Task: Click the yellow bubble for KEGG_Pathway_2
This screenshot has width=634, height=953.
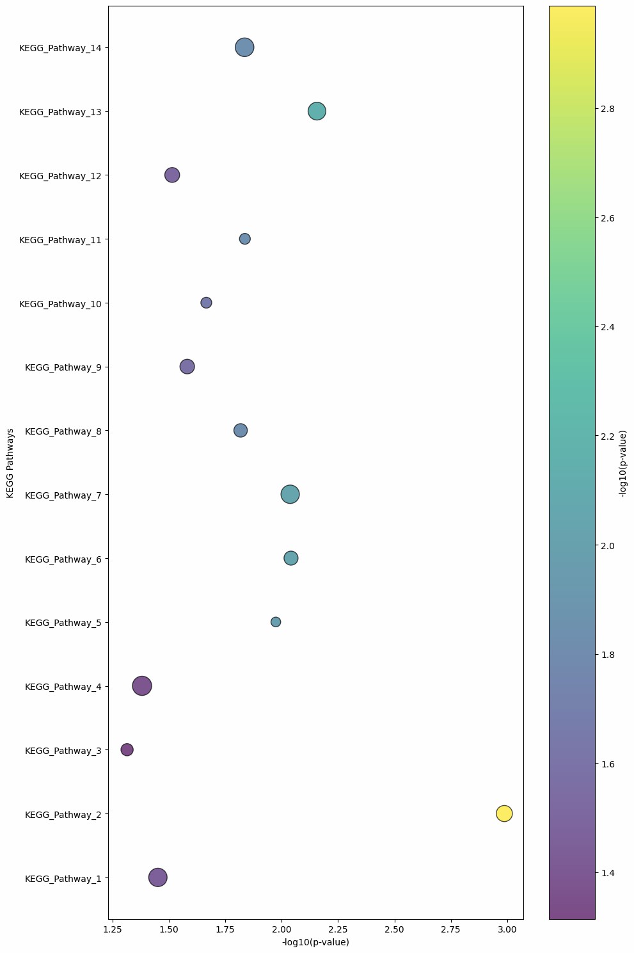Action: [x=504, y=813]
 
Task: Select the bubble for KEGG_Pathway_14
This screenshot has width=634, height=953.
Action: [x=244, y=47]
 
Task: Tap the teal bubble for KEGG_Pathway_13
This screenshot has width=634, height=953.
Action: [x=317, y=111]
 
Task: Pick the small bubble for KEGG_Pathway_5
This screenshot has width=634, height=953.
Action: [x=276, y=622]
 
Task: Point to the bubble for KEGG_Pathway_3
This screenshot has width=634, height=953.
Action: [x=127, y=749]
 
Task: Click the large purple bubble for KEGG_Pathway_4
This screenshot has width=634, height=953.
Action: [x=142, y=686]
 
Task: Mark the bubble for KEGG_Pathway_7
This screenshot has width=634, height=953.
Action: [x=290, y=494]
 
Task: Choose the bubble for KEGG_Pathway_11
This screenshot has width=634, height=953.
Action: [x=245, y=239]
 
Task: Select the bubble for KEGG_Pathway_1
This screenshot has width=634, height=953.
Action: [x=158, y=877]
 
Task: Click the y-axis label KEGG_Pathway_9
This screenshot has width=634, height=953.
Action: [x=63, y=367]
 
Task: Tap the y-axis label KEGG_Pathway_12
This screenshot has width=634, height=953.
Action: [x=60, y=175]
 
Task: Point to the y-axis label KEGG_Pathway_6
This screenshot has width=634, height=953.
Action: [x=63, y=559]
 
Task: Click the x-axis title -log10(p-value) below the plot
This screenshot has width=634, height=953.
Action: [x=315, y=943]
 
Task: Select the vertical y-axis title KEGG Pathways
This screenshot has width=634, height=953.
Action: [x=10, y=463]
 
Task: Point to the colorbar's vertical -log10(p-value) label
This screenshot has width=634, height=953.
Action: [x=622, y=463]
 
